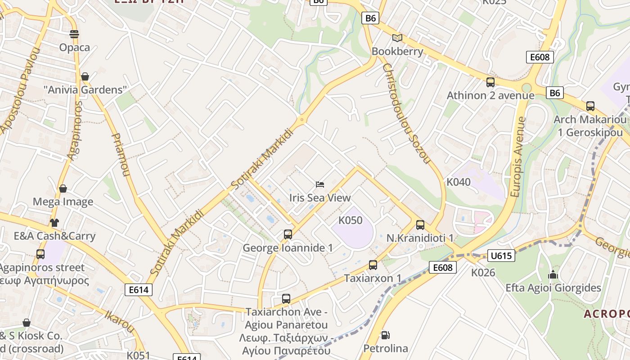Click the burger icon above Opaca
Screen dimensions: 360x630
point(74,34)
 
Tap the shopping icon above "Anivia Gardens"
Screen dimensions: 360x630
point(85,76)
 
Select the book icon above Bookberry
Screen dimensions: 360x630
point(397,38)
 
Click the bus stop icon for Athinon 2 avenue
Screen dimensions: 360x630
point(490,82)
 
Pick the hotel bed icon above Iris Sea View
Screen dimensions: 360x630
point(320,184)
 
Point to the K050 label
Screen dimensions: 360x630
point(351,220)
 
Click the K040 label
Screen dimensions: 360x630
point(459,182)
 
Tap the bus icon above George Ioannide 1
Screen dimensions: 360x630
point(288,234)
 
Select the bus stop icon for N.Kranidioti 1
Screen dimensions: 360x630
point(420,225)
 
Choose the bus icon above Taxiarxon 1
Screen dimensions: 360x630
point(373,265)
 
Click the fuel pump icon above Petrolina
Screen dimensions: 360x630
point(385,335)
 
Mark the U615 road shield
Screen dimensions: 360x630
point(501,256)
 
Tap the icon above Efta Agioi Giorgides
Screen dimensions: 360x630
point(553,274)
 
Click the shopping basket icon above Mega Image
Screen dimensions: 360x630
point(63,189)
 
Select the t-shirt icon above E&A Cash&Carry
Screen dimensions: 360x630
point(54,222)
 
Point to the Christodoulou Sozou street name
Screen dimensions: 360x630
point(406,113)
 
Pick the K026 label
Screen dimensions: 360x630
point(483,273)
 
